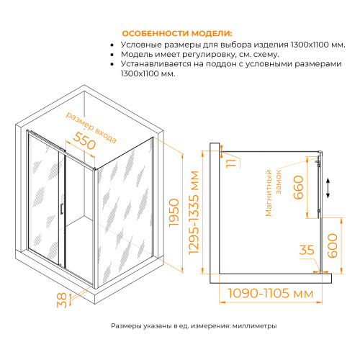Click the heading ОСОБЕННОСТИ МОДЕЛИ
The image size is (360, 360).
pos(177,34)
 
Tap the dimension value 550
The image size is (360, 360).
pos(85,143)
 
